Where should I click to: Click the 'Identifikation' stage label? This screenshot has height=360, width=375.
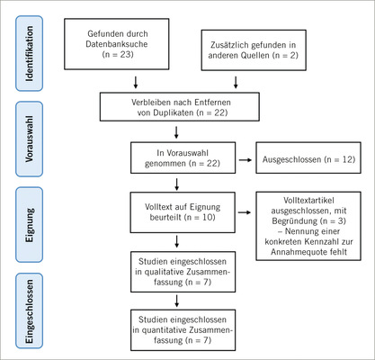21,50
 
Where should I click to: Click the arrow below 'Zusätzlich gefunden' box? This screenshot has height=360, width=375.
236,82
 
